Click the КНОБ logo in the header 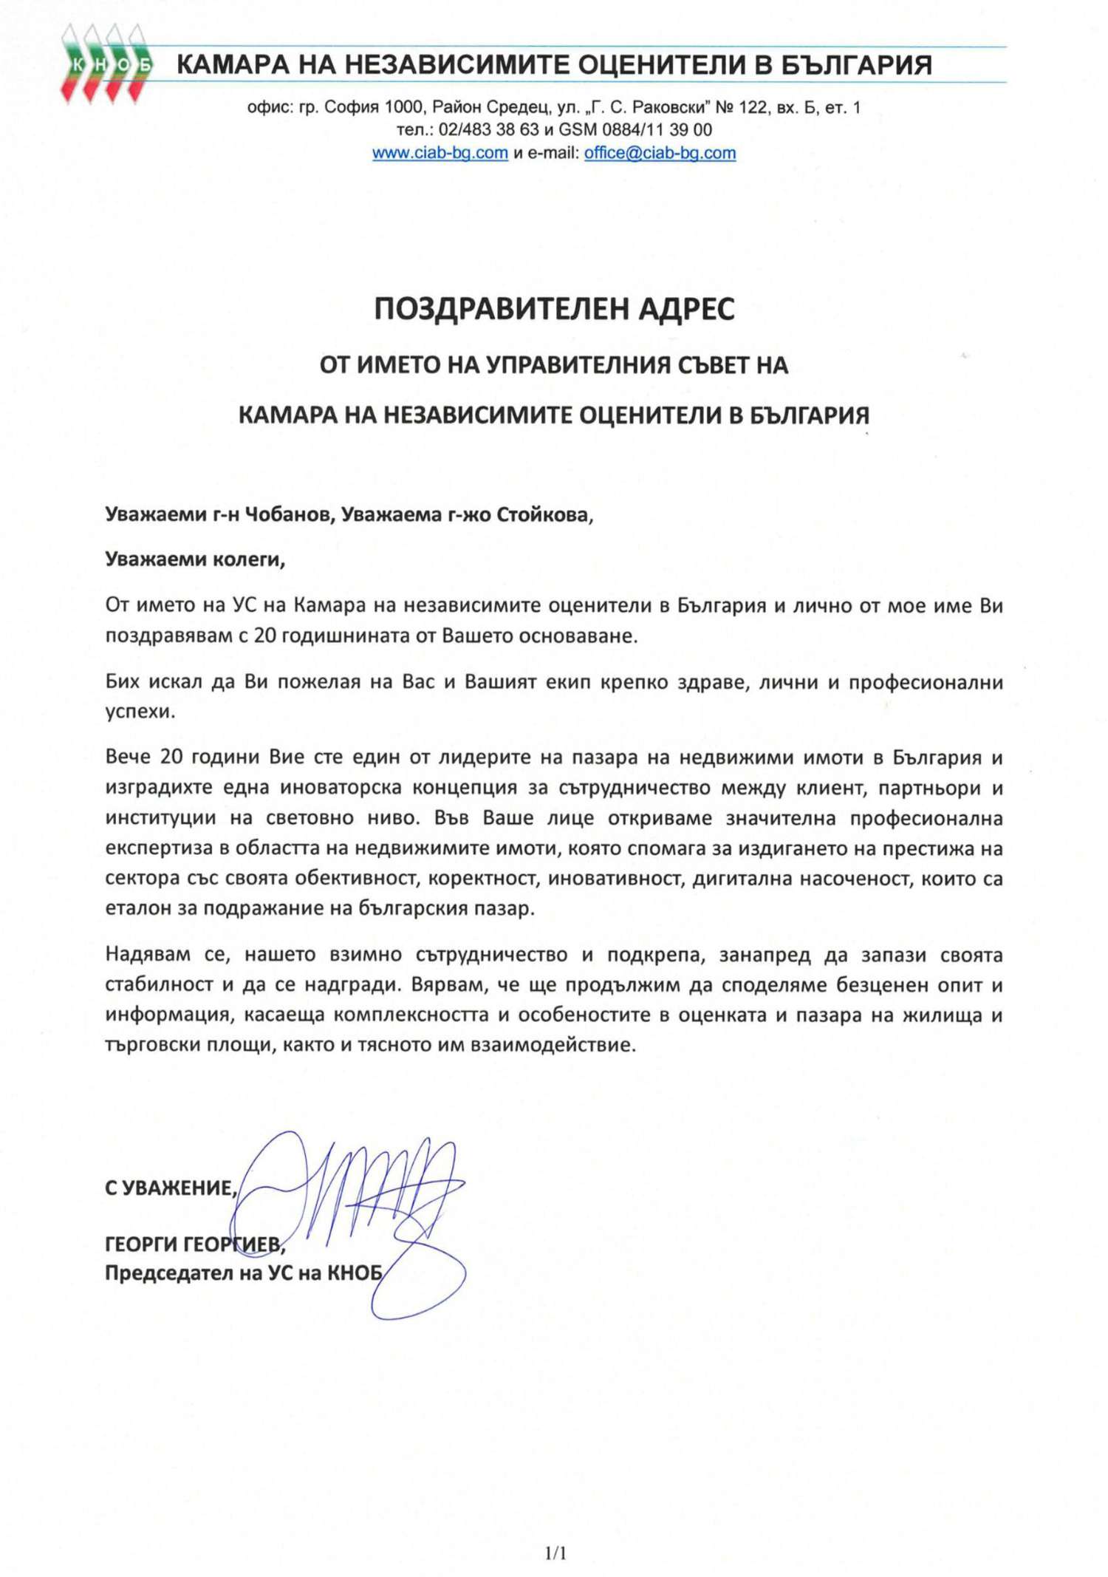click(106, 64)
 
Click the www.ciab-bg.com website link click(440, 153)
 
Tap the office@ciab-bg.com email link click(660, 153)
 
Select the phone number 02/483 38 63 click(488, 130)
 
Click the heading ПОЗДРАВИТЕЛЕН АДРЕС click(554, 309)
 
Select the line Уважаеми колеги click(195, 559)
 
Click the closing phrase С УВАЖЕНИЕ click(171, 1188)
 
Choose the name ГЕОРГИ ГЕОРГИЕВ click(194, 1245)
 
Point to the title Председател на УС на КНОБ click(244, 1273)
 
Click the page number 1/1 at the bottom click(555, 1553)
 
